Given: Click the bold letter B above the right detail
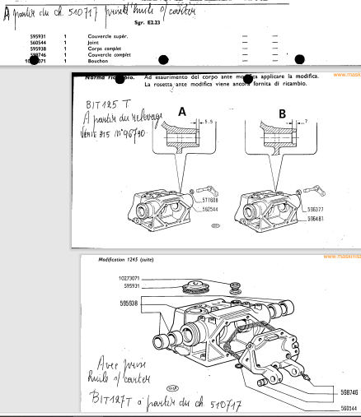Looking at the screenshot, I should (281, 112).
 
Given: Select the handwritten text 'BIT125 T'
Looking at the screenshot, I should (106, 105).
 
